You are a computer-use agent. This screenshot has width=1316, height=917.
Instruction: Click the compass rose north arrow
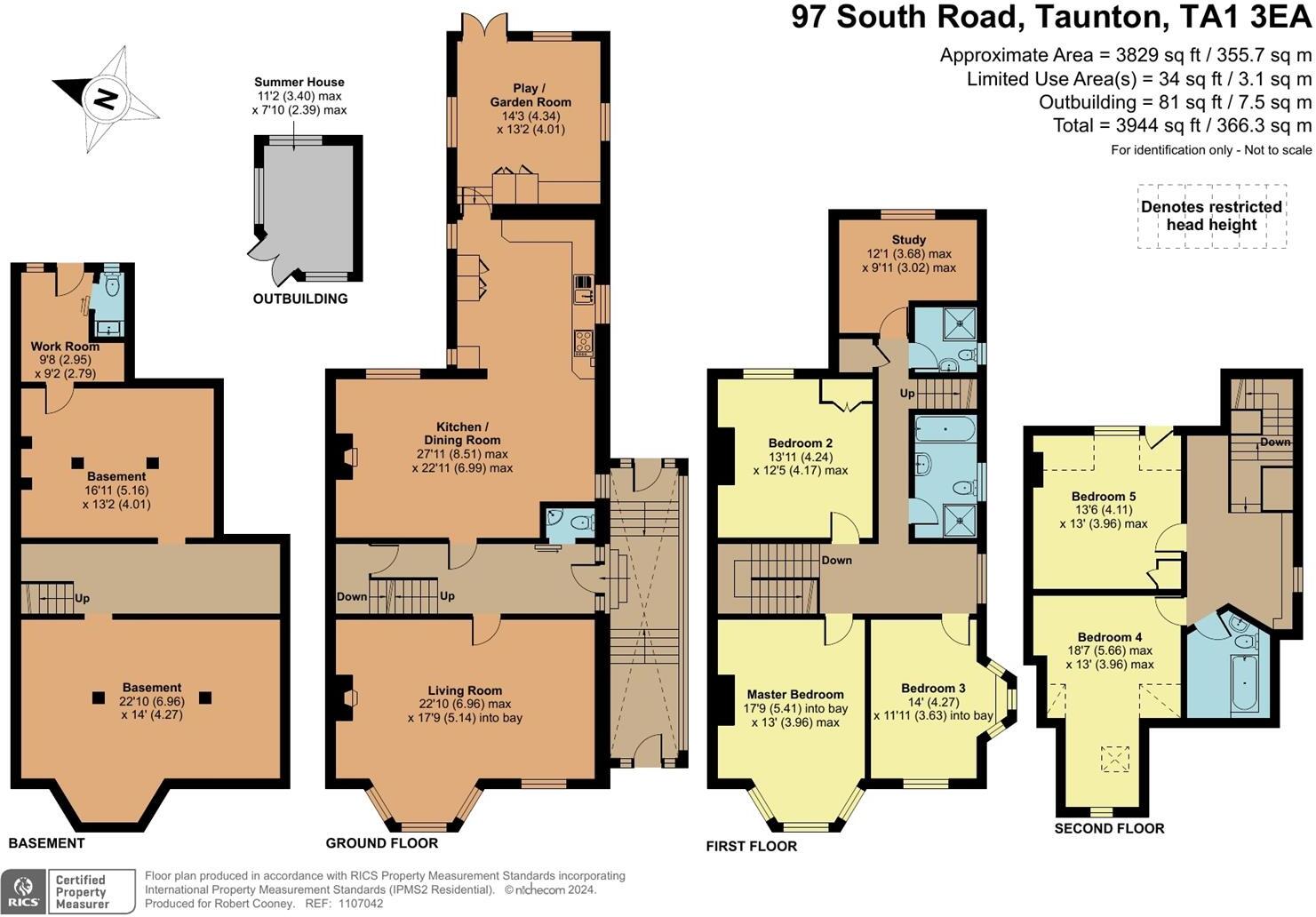106,98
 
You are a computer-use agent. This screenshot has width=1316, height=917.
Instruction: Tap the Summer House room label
299,82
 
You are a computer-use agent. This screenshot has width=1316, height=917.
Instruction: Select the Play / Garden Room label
530,95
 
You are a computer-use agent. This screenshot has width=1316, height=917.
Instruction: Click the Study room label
909,240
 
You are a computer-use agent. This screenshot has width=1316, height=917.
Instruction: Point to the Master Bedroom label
795,695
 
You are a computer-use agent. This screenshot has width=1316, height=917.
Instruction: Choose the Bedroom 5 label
1104,497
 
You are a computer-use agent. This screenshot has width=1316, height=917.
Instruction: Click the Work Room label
65,347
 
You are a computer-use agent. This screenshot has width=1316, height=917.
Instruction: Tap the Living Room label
465,690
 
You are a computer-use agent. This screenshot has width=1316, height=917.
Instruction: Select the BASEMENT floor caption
46,843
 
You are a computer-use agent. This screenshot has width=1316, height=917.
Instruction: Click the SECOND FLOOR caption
1109,828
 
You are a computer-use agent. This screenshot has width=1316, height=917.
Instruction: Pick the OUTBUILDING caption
300,299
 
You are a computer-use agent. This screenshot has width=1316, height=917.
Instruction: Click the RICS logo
24,890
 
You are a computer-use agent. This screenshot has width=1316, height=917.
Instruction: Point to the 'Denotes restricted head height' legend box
1211,216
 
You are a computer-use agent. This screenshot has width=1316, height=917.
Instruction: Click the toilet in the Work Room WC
112,285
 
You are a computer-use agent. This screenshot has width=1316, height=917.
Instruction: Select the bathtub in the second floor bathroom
1245,683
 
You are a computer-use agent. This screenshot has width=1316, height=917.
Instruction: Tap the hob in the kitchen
585,341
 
